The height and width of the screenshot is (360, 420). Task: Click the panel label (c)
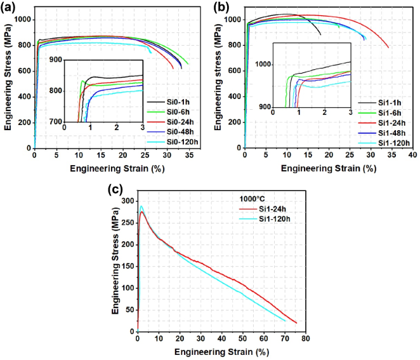[115, 189]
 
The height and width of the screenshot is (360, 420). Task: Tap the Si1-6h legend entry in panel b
[384, 112]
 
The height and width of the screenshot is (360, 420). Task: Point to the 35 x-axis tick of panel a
[189, 156]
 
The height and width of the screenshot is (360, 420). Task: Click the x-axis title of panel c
[221, 351]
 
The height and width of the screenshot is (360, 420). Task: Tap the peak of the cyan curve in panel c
[141, 206]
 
